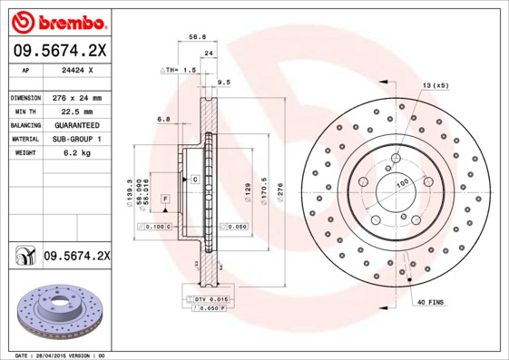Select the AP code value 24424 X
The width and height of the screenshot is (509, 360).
click(x=73, y=69)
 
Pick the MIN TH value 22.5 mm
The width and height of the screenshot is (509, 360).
click(x=73, y=111)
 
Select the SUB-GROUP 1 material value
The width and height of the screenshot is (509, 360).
click(x=73, y=139)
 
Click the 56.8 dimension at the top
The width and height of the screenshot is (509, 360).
click(x=193, y=37)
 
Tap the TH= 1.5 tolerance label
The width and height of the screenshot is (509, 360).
click(x=179, y=70)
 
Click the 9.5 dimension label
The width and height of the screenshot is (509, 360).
click(x=224, y=82)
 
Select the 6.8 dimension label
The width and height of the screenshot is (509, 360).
click(x=163, y=119)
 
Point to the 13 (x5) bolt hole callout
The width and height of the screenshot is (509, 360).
click(x=435, y=85)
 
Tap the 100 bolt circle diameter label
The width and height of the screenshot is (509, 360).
click(x=400, y=183)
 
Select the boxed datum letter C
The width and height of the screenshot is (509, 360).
click(x=195, y=180)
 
